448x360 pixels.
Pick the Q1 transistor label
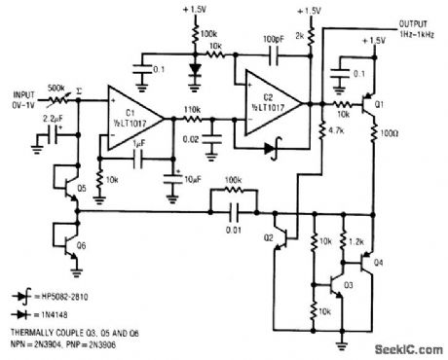[x=382, y=102]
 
